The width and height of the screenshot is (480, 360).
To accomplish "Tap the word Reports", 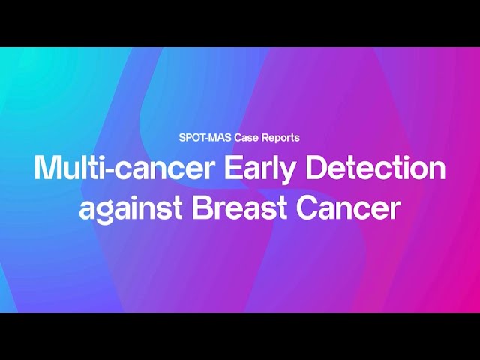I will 280,138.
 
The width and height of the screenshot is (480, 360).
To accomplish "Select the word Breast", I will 239,208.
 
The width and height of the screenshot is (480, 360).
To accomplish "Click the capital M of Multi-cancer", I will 46,168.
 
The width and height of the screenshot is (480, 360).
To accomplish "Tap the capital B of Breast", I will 200,208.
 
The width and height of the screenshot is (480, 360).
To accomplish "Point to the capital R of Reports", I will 265,138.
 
